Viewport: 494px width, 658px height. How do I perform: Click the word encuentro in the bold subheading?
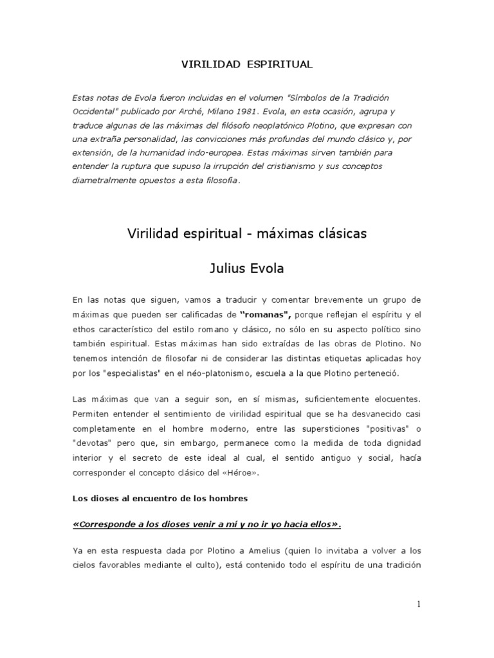[x=141, y=499]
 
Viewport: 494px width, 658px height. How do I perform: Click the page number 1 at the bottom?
[x=418, y=605]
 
